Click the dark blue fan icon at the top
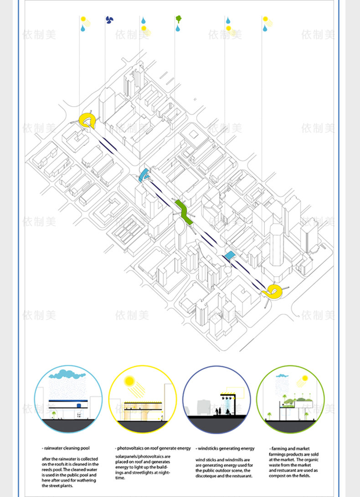point(109,20)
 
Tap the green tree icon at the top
point(179,19)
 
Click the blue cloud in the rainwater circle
point(67,375)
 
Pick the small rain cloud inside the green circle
point(283,376)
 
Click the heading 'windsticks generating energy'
point(225,449)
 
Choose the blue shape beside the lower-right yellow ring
point(229,255)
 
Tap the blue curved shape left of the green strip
point(144,174)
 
